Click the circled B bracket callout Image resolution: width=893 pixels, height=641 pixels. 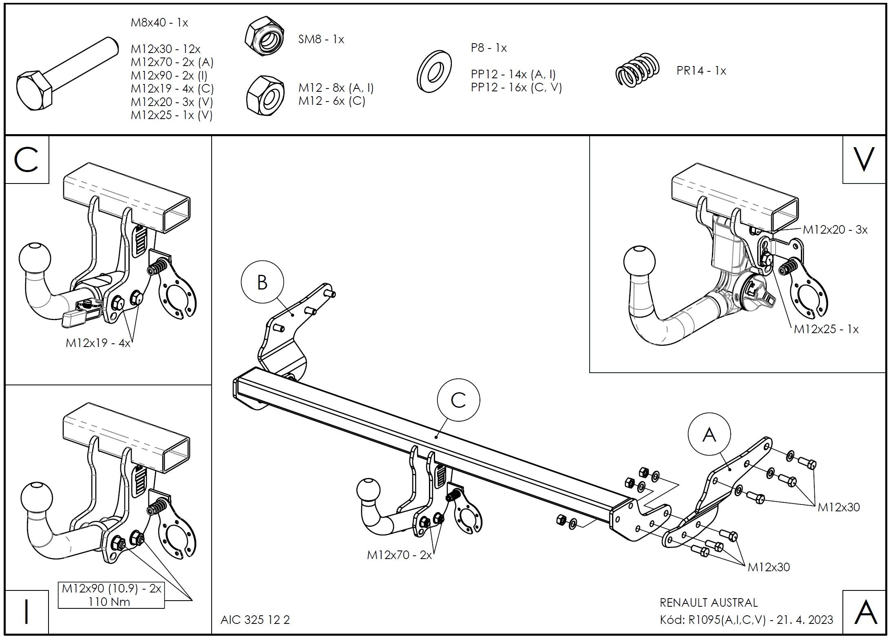tap(262, 282)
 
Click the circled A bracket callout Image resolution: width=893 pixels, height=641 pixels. tap(709, 435)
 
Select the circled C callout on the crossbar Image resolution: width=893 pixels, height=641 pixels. tap(458, 400)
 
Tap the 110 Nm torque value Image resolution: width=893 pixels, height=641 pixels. tap(109, 601)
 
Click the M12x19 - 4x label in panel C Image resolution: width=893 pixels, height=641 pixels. tap(98, 343)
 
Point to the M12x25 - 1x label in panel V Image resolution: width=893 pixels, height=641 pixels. tap(826, 329)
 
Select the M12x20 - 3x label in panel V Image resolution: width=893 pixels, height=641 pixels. tap(835, 230)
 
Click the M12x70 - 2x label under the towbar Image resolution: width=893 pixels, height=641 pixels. tap(399, 555)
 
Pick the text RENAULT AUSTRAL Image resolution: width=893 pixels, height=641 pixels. tap(709, 603)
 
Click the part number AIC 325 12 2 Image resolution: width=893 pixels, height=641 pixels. tap(255, 620)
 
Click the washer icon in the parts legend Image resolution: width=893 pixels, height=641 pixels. tap(434, 71)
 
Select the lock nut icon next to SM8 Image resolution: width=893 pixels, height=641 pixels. tap(264, 36)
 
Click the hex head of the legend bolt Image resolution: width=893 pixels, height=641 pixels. tap(34, 91)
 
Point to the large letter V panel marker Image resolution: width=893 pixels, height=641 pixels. tap(864, 159)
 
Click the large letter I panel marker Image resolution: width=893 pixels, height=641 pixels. tap(27, 611)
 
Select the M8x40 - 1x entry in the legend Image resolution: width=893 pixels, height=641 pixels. tap(159, 23)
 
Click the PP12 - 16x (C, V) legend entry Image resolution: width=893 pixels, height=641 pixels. tap(516, 87)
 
